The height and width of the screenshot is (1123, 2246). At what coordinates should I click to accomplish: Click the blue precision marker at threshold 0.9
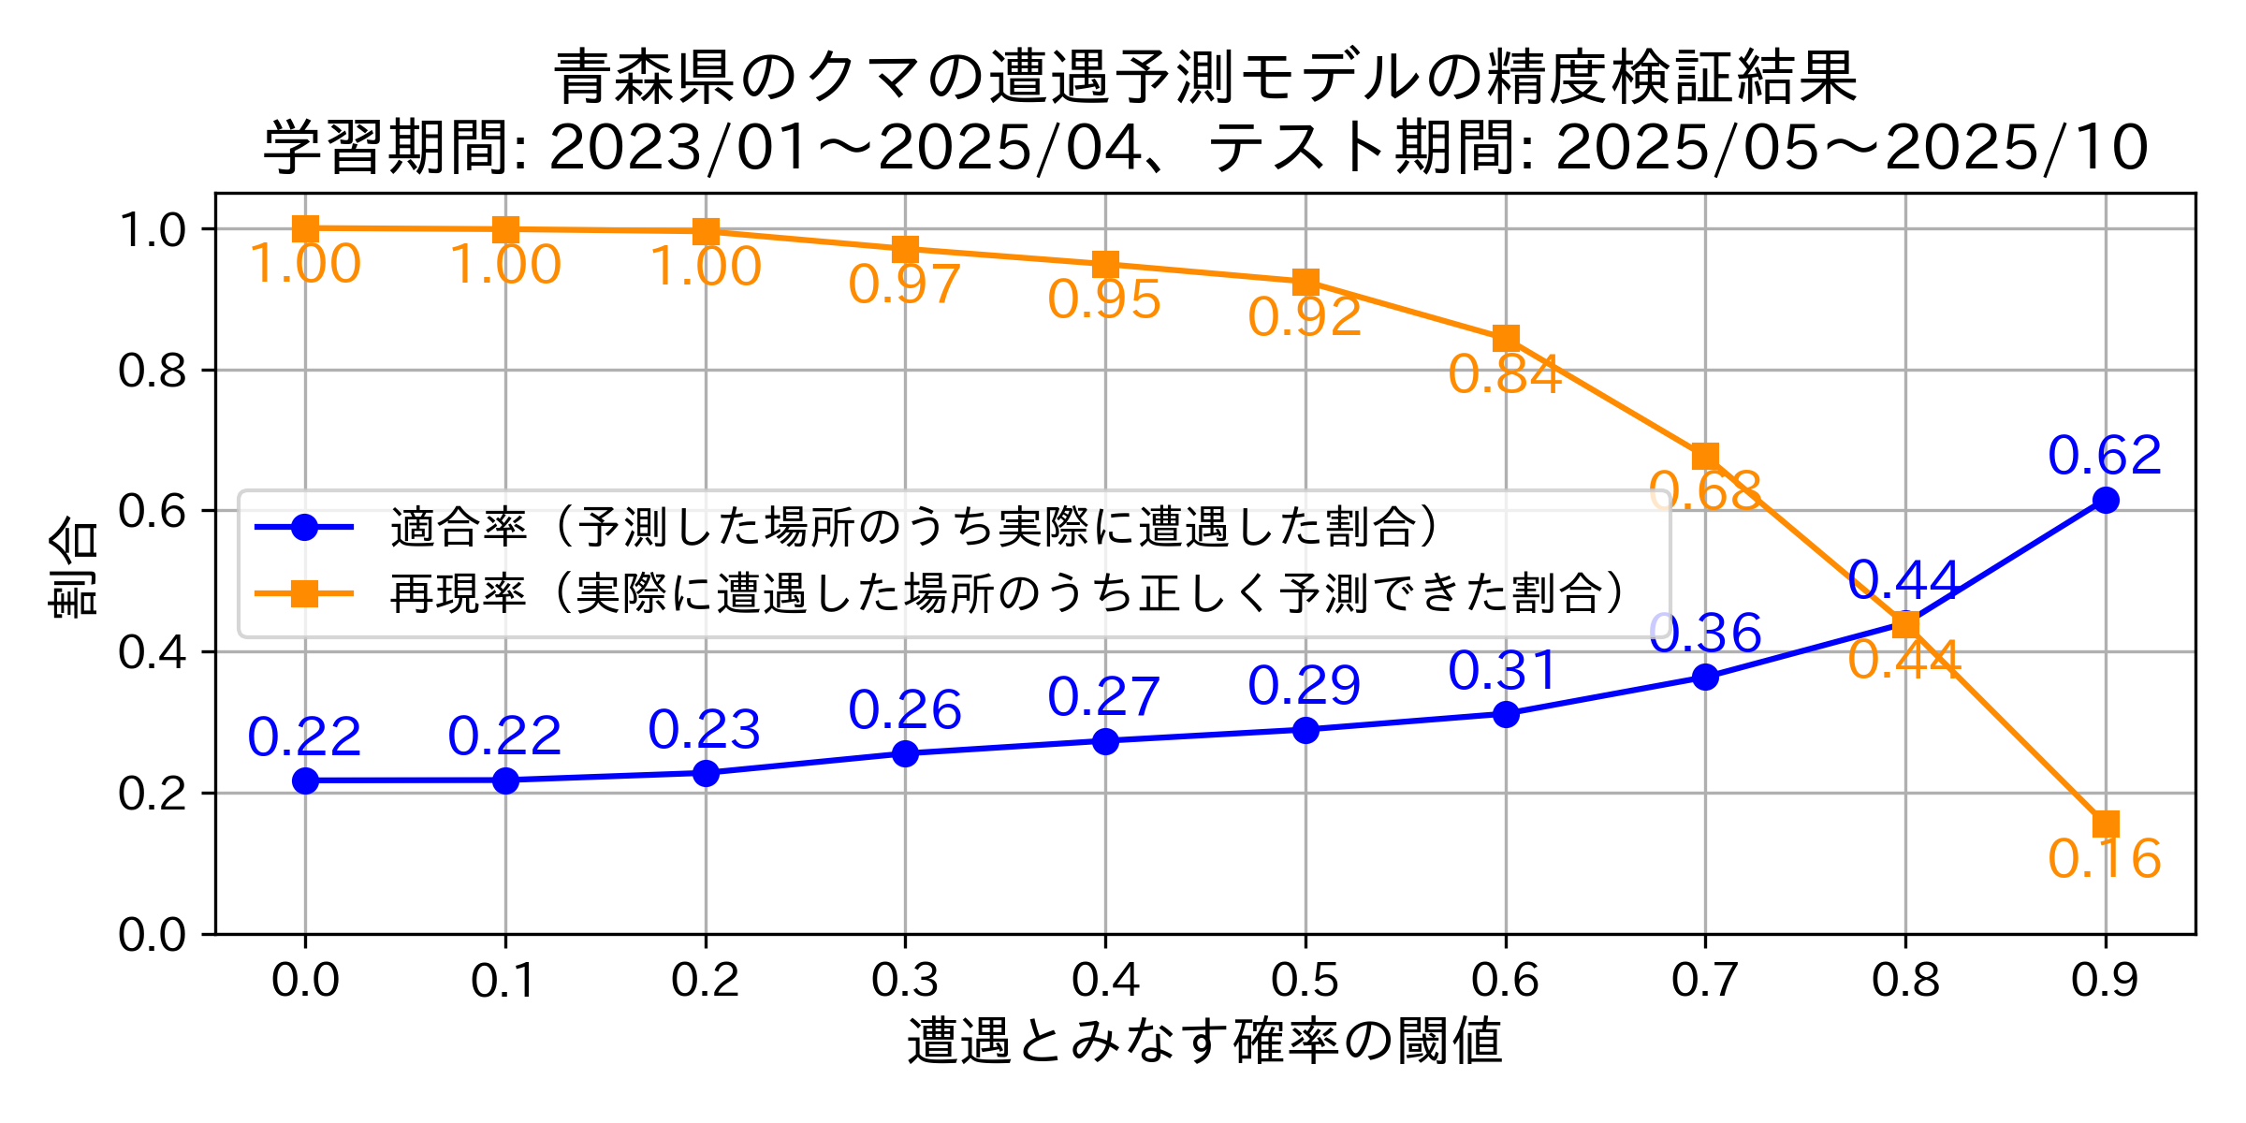(x=2106, y=500)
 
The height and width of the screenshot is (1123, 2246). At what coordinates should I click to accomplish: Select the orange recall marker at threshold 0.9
(x=2106, y=824)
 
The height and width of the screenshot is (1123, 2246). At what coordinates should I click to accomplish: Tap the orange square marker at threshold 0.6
(x=1506, y=338)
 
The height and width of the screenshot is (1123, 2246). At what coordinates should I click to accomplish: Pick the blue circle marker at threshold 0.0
(x=305, y=780)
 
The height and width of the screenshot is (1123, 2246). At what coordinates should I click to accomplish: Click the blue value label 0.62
(x=2105, y=456)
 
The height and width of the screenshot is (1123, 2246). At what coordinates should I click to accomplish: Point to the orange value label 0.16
(x=2105, y=859)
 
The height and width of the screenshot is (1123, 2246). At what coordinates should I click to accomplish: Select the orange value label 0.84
(x=1505, y=375)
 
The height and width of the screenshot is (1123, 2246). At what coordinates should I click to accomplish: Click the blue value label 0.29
(x=1305, y=686)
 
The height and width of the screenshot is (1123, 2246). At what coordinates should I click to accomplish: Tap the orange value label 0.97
(x=905, y=284)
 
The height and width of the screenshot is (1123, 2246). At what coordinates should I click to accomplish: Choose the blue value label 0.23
(x=705, y=730)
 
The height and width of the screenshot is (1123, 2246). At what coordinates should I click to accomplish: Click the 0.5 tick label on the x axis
(x=1305, y=980)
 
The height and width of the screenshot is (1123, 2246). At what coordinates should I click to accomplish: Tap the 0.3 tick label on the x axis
(x=905, y=980)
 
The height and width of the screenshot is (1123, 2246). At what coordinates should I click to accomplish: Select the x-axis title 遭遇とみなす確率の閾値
(x=1205, y=1042)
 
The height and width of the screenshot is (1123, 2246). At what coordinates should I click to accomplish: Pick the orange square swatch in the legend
(x=304, y=593)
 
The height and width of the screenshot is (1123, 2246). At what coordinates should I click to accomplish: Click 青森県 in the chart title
(x=645, y=77)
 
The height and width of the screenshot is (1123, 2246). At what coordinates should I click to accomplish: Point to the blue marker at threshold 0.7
(x=1705, y=677)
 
